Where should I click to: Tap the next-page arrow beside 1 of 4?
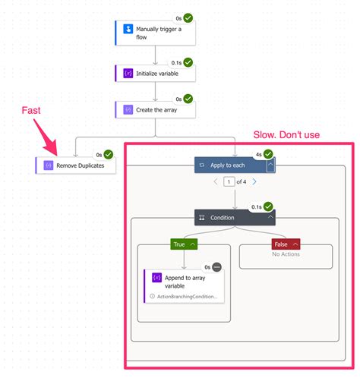click(254, 182)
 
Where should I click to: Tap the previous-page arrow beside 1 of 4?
click(215, 182)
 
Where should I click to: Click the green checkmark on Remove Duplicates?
click(109, 154)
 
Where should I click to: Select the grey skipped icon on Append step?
click(216, 267)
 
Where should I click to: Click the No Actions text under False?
click(286, 254)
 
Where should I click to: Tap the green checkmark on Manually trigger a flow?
click(188, 16)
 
